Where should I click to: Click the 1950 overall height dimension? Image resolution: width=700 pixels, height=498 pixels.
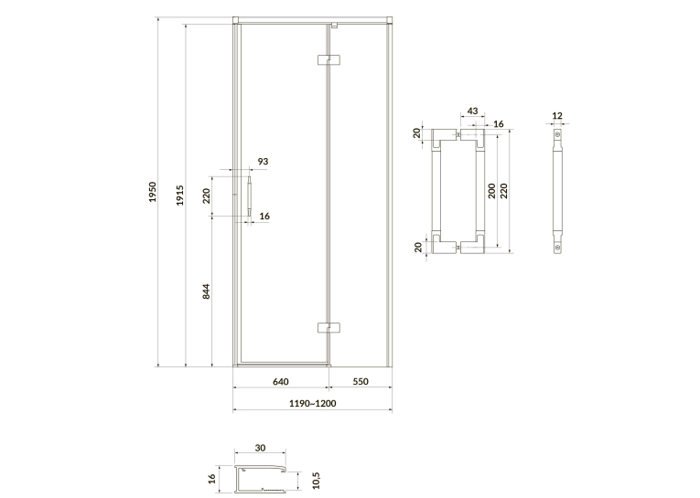pyautogui.click(x=153, y=192)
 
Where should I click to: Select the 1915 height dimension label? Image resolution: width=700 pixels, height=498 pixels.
pyautogui.click(x=179, y=196)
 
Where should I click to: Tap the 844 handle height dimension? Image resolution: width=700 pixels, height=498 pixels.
pyautogui.click(x=206, y=291)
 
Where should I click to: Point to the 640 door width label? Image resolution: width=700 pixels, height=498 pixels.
pyautogui.click(x=280, y=382)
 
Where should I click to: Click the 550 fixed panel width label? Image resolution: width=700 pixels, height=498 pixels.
pyautogui.click(x=361, y=382)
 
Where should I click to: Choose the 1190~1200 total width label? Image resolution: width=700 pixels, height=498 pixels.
pyautogui.click(x=313, y=404)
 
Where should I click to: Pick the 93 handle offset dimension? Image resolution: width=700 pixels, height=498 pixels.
pyautogui.click(x=263, y=161)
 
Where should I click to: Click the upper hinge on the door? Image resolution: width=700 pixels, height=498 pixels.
pyautogui.click(x=328, y=59)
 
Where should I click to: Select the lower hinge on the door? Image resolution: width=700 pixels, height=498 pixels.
pyautogui.click(x=328, y=328)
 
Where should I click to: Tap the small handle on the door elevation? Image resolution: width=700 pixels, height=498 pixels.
pyautogui.click(x=250, y=196)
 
